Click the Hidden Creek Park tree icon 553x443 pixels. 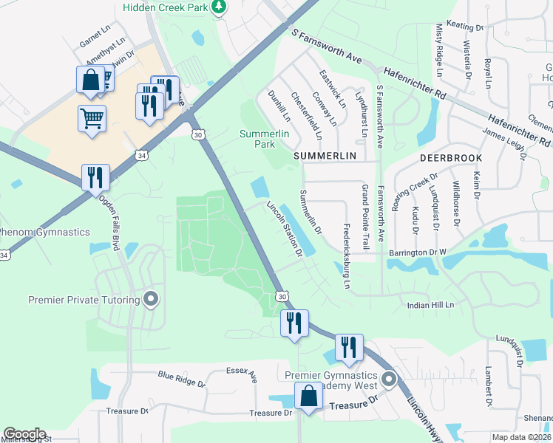point(219,7)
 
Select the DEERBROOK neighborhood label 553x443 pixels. point(451,158)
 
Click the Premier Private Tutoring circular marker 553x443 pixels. point(152,300)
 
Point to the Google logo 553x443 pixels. point(24,433)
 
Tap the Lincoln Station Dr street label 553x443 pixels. point(285,229)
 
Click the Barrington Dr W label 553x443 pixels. point(418,253)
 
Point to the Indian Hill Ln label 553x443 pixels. point(430,304)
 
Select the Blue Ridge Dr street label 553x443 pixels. point(181,379)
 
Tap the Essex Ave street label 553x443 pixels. point(242,374)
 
